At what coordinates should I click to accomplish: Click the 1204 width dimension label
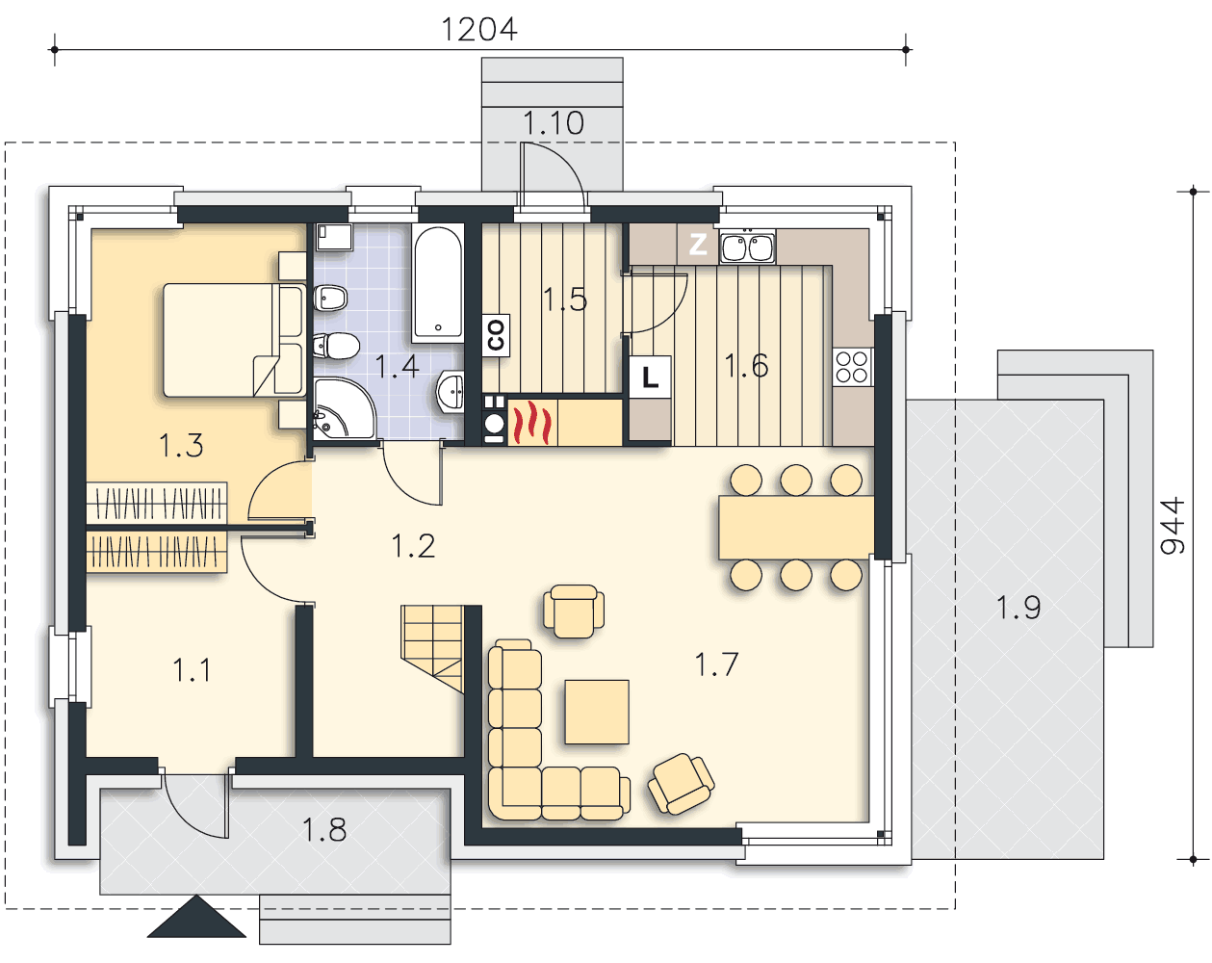pos(478,30)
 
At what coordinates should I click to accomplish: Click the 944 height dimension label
pos(1173,525)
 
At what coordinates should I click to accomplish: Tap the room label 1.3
pos(181,445)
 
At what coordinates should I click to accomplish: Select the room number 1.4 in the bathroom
pos(397,366)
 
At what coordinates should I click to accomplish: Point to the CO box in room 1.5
pos(496,335)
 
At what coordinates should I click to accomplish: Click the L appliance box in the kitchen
pos(650,377)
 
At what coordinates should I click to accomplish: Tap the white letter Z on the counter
pos(698,244)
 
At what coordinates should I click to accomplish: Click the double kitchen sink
pos(747,247)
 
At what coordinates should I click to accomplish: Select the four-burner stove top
pos(852,367)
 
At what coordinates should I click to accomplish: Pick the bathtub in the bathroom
pos(438,283)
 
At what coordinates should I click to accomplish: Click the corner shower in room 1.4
pos(344,409)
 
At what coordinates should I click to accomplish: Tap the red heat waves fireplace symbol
pos(531,422)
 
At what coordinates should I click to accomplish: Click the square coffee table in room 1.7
pos(597,712)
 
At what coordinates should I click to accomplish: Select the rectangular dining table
pos(796,528)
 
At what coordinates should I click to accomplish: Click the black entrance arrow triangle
pos(196,917)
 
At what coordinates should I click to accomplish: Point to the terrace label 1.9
pos(1019,608)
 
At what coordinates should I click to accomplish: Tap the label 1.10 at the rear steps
pos(554,123)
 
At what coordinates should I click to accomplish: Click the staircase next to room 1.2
pos(432,648)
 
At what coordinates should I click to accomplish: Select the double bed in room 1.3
pos(234,340)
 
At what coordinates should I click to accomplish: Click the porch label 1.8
pos(323,829)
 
